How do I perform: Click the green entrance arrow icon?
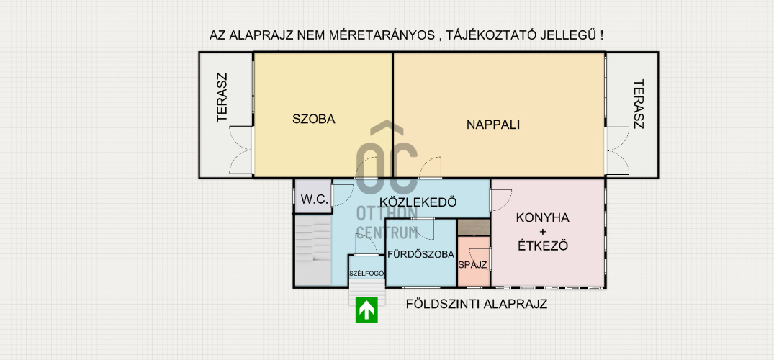pyautogui.click(x=366, y=310)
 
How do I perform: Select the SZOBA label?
pyautogui.click(x=314, y=119)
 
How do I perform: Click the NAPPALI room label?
pyautogui.click(x=493, y=125)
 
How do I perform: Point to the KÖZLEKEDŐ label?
pyautogui.click(x=418, y=202)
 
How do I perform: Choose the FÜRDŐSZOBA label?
pyautogui.click(x=421, y=255)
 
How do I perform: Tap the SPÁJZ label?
pyautogui.click(x=473, y=265)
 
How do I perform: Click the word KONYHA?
pyautogui.click(x=542, y=217)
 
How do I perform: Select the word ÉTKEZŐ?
pyautogui.click(x=542, y=246)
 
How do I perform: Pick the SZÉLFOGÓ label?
pyautogui.click(x=366, y=273)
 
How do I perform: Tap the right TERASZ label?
pyautogui.click(x=639, y=104)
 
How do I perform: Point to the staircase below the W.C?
pyautogui.click(x=313, y=251)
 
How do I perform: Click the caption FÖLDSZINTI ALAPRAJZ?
pyautogui.click(x=477, y=304)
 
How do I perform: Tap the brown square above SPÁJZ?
pyautogui.click(x=473, y=228)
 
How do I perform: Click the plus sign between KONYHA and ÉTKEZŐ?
pyautogui.click(x=542, y=232)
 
